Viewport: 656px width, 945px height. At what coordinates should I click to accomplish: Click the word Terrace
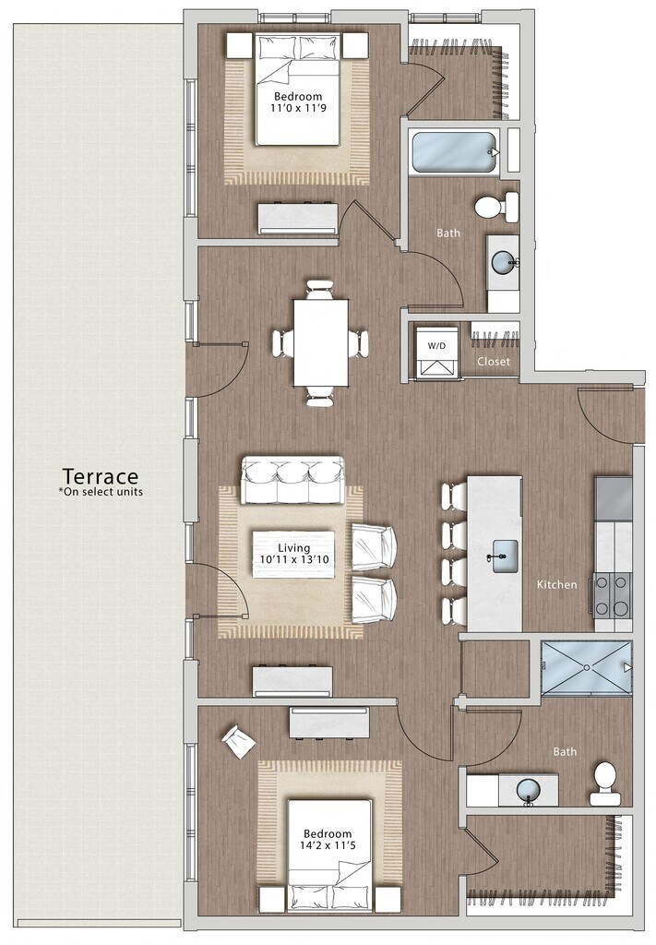101,476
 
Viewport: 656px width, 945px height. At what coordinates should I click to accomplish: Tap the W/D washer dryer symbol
436,352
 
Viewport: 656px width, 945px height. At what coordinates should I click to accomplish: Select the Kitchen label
556,584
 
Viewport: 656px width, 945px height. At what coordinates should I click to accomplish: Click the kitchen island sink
505,555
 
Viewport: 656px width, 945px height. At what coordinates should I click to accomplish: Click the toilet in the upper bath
496,207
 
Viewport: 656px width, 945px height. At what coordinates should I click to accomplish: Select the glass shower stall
586,668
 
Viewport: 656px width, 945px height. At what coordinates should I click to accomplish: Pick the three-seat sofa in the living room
293,480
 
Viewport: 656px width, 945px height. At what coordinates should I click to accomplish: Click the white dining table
320,343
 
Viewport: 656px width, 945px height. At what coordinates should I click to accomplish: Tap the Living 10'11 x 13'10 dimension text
293,554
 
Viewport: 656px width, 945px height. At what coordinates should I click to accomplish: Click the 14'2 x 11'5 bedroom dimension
328,845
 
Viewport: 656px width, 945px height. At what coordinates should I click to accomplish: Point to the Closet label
494,362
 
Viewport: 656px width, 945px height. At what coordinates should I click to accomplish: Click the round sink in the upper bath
504,262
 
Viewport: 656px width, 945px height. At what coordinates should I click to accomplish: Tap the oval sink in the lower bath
529,789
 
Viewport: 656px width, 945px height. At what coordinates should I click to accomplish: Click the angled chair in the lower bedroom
239,741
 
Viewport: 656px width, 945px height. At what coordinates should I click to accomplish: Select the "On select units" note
101,491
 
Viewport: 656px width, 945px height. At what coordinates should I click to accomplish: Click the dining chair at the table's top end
319,289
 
